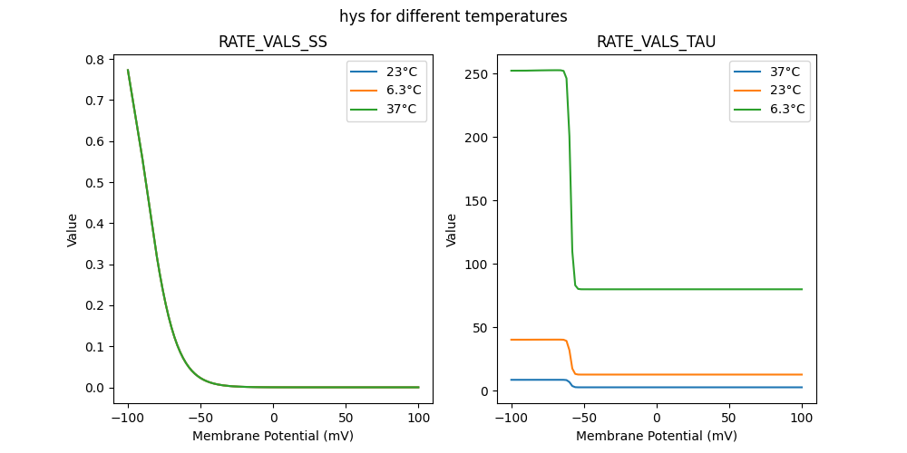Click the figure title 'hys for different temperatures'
pyautogui.click(x=453, y=16)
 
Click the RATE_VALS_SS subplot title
pyautogui.click(x=273, y=43)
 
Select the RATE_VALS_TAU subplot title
pyautogui.click(x=656, y=43)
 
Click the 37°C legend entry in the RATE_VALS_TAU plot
pyautogui.click(x=785, y=71)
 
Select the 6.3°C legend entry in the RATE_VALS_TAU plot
pyautogui.click(x=785, y=109)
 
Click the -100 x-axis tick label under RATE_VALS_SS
pyautogui.click(x=128, y=418)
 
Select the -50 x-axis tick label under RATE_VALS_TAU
pyautogui.click(x=584, y=418)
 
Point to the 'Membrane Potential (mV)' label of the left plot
pyautogui.click(x=273, y=436)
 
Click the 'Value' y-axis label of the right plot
pyautogui.click(x=451, y=230)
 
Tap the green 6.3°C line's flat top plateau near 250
pyautogui.click(x=535, y=71)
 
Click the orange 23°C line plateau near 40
pyautogui.click(x=535, y=340)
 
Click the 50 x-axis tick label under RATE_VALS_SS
pyautogui.click(x=346, y=418)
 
